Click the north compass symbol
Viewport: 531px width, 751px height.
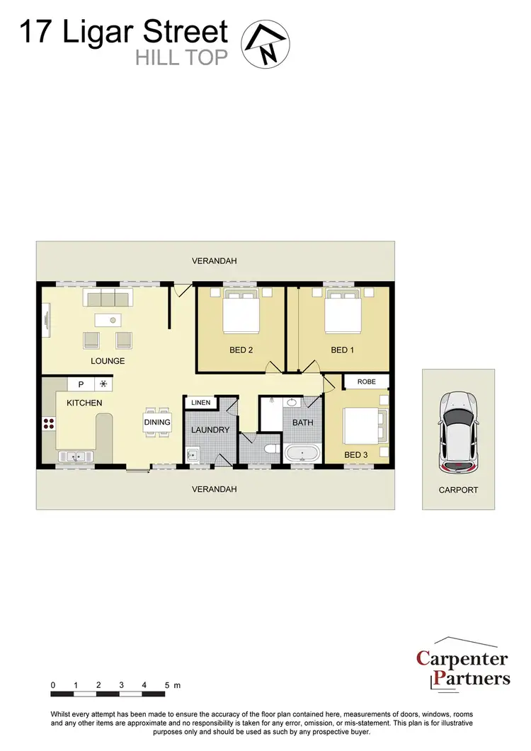click(x=265, y=42)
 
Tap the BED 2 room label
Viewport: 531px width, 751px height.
click(x=241, y=350)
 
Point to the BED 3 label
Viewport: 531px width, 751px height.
click(x=355, y=454)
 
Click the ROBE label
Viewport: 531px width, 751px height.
click(x=366, y=382)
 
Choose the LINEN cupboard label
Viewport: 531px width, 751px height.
click(x=201, y=403)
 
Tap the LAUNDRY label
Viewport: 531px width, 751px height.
click(x=210, y=430)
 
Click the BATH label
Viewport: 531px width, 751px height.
click(x=302, y=423)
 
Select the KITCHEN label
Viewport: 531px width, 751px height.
click(x=84, y=403)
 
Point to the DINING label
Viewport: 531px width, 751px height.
click(x=157, y=423)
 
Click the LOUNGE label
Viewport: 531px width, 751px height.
click(x=108, y=361)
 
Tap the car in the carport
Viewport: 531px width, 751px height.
click(x=458, y=433)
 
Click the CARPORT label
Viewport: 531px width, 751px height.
click(x=458, y=490)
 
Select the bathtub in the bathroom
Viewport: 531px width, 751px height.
click(x=302, y=453)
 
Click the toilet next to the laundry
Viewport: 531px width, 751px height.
click(x=268, y=449)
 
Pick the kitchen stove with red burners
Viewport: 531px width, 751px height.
click(x=49, y=424)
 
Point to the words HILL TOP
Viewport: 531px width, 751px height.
click(x=182, y=57)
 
